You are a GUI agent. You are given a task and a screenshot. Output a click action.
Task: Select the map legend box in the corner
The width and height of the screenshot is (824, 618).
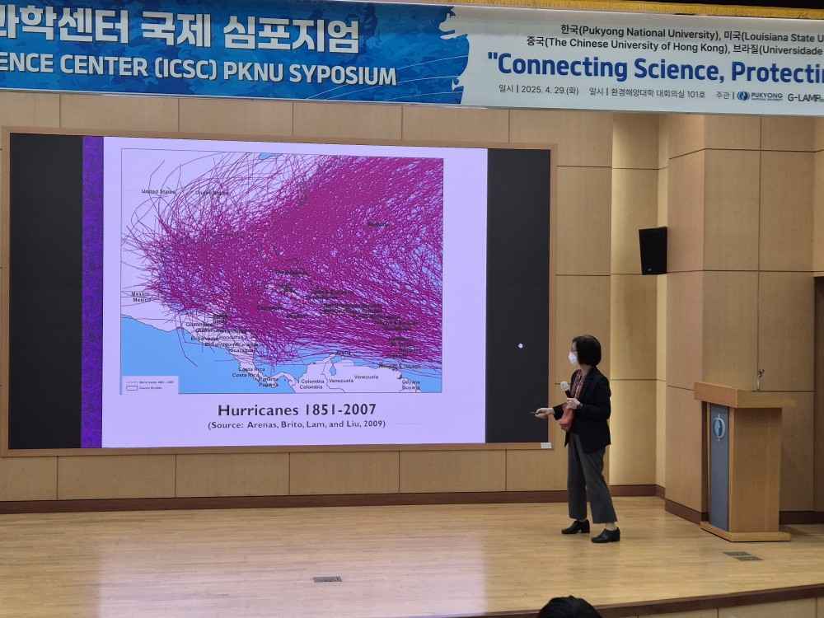(142, 383)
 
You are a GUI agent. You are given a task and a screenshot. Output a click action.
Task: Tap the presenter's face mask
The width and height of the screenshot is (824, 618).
(573, 358)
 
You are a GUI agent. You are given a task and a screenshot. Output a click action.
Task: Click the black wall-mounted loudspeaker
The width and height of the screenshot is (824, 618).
(653, 250)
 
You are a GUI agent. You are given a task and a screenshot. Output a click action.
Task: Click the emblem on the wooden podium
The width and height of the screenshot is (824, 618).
(719, 427)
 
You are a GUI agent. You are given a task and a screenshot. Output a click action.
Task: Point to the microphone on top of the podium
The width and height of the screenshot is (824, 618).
(760, 378)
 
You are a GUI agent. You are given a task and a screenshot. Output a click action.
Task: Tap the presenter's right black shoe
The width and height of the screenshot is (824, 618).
(605, 536)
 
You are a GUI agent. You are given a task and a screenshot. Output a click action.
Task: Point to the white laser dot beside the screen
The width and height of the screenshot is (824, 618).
(520, 345)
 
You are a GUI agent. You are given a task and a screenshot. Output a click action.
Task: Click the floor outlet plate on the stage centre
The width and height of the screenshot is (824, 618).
(327, 579)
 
